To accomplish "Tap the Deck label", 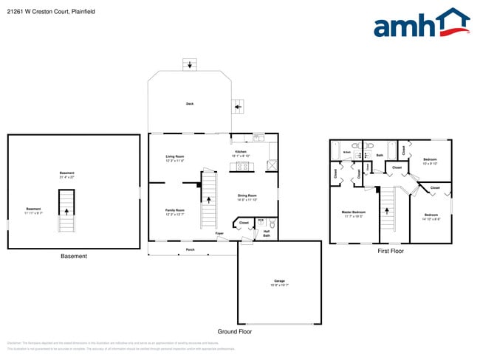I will tap(190, 104).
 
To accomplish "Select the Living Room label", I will tap(175, 158).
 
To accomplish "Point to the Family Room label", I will tap(175, 212).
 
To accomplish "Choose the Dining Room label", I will tap(247, 197).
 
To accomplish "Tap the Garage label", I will tap(279, 283).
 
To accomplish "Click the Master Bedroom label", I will tap(354, 213).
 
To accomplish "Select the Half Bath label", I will tap(267, 234).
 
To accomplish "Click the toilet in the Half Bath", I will tap(271, 222).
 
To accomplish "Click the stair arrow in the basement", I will tap(67, 210).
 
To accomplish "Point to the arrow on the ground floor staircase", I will tap(210, 199).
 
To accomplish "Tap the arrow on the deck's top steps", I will tap(191, 66).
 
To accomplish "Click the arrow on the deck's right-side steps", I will tap(237, 107).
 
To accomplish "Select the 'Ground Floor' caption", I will tap(235, 331).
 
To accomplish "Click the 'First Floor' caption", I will tap(390, 252).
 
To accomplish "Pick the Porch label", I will tap(190, 249).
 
